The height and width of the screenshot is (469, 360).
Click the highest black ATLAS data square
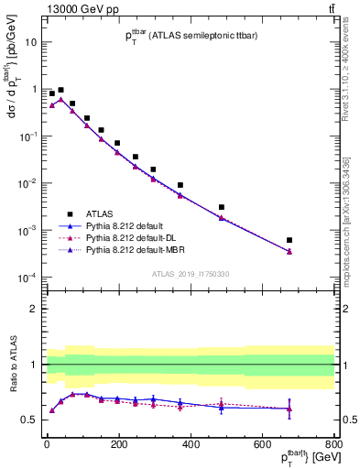[x=60, y=91]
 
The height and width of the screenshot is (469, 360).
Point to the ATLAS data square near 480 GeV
[x=222, y=207]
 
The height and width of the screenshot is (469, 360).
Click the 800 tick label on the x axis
[x=333, y=444]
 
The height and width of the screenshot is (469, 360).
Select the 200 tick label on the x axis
[x=118, y=444]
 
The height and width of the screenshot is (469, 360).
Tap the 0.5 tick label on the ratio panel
[x=29, y=420]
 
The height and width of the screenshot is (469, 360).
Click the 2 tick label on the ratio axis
[x=33, y=309]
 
